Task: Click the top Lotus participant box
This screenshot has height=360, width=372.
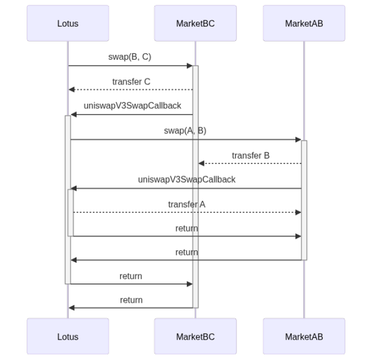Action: (x=68, y=24)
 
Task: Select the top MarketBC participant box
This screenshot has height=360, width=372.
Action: (x=195, y=24)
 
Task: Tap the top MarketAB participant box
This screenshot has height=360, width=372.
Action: (x=304, y=24)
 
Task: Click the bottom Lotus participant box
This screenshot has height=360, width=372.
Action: (x=68, y=336)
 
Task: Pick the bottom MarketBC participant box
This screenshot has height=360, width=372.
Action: (x=195, y=336)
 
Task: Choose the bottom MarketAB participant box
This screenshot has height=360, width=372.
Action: (x=304, y=336)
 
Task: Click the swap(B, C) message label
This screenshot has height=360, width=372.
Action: (x=130, y=57)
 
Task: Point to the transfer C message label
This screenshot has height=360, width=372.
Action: (x=131, y=81)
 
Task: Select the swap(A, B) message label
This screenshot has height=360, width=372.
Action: (x=185, y=131)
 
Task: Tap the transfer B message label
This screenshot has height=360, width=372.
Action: (x=250, y=156)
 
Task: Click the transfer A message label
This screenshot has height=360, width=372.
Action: (x=186, y=205)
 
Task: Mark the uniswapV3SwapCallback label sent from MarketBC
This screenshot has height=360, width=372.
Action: (x=132, y=106)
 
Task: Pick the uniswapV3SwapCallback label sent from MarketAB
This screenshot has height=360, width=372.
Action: (x=186, y=180)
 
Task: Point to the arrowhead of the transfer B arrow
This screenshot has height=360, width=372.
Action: (x=201, y=163)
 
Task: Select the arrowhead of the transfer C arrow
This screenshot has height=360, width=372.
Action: (x=71, y=90)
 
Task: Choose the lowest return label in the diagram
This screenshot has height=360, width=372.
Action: (x=131, y=300)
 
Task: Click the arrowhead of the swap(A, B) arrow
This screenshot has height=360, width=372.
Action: (x=298, y=140)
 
